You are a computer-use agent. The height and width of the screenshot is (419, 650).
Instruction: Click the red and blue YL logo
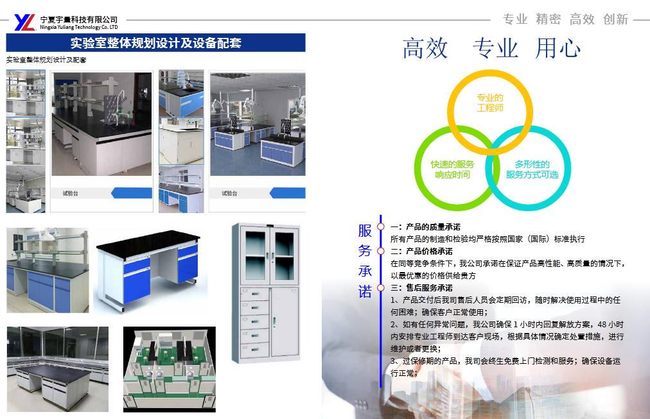click(24, 22)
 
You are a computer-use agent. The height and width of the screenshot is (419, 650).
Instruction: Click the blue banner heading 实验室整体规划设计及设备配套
click(155, 43)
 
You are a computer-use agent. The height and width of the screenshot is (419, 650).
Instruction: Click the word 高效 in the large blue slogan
click(425, 48)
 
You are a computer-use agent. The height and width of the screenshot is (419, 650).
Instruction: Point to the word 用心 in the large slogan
click(558, 48)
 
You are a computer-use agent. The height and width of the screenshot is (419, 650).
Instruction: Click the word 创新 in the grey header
click(615, 19)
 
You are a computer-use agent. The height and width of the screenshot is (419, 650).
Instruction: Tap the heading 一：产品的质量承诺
click(425, 227)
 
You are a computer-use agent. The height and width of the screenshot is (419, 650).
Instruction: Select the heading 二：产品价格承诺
click(421, 252)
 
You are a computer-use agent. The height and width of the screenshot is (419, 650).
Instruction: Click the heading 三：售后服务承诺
click(421, 287)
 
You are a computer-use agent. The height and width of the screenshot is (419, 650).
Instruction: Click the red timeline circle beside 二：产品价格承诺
click(380, 251)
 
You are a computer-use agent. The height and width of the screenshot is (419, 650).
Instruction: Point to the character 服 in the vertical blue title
click(365, 230)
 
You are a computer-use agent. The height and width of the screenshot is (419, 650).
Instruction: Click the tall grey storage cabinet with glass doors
click(267, 293)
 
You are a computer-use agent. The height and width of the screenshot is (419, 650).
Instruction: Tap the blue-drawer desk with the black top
click(149, 271)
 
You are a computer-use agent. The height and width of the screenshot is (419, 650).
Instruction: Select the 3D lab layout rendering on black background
click(170, 370)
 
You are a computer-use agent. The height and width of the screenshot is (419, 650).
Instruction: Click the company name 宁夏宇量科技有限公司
click(79, 19)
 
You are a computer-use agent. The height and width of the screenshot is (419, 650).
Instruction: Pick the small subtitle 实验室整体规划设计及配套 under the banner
click(46, 60)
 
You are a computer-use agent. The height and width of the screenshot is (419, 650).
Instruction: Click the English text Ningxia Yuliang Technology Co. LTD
click(79, 27)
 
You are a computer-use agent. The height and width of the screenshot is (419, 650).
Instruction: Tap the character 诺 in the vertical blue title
click(365, 292)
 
